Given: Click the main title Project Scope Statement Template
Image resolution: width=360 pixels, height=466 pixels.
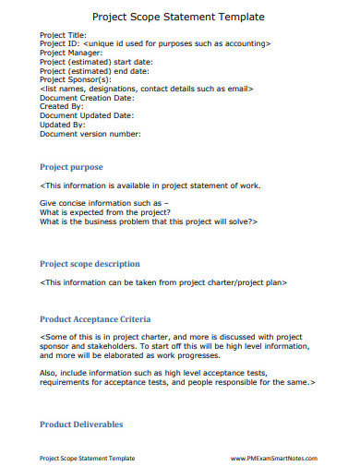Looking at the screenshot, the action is coord(179,17).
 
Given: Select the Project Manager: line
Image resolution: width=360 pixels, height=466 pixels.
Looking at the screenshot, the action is coord(70,53).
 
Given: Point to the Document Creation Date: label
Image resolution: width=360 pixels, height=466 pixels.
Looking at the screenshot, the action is coord(87,97).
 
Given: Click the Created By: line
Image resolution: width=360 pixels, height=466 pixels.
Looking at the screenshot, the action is coord(61,106).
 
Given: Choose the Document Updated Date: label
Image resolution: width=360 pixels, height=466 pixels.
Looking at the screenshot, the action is coord(86,115).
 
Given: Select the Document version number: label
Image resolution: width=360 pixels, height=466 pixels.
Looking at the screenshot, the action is coord(90,133).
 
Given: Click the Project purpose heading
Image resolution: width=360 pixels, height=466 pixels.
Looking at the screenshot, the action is coord(71,167).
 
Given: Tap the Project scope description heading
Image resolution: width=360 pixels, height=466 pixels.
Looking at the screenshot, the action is coord(90,263).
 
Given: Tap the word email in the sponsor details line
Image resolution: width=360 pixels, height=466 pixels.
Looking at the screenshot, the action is coord(235,89).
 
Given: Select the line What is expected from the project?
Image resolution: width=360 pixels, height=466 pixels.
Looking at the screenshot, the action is coord(104,213).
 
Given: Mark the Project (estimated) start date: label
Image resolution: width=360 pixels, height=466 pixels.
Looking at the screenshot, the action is coord(96,62).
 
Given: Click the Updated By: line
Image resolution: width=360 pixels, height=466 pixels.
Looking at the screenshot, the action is coord(62,124).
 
